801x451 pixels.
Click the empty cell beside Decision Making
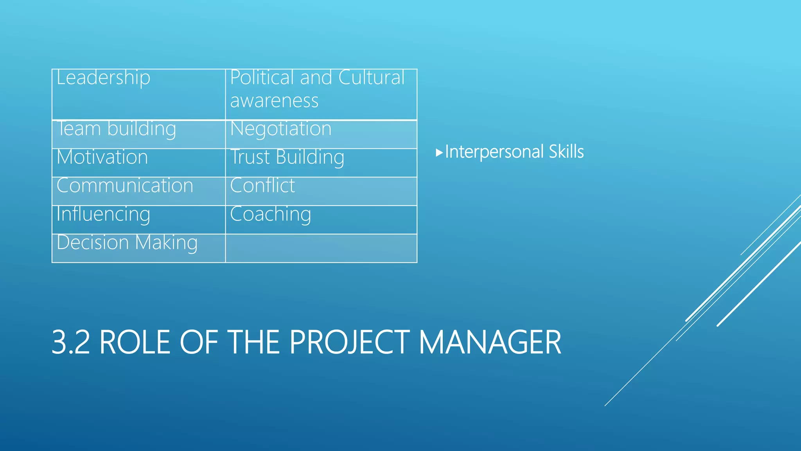pyautogui.click(x=321, y=248)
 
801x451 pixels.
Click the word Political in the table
pyautogui.click(x=262, y=78)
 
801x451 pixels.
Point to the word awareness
pyautogui.click(x=274, y=101)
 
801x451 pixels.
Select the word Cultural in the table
pyautogui.click(x=371, y=78)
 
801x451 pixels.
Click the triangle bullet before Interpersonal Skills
pyautogui.click(x=439, y=152)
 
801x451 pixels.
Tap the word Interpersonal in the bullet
pyautogui.click(x=494, y=152)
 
